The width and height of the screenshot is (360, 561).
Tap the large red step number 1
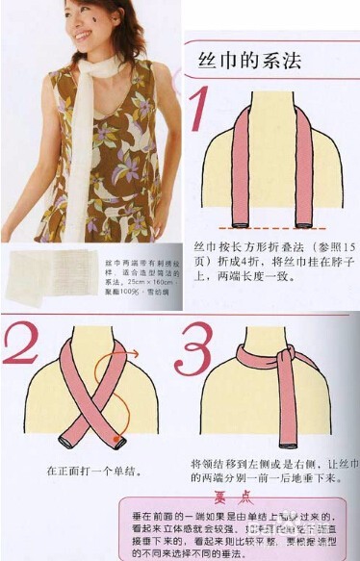point(201,109)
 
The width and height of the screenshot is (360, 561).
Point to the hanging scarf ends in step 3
point(286,414)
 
